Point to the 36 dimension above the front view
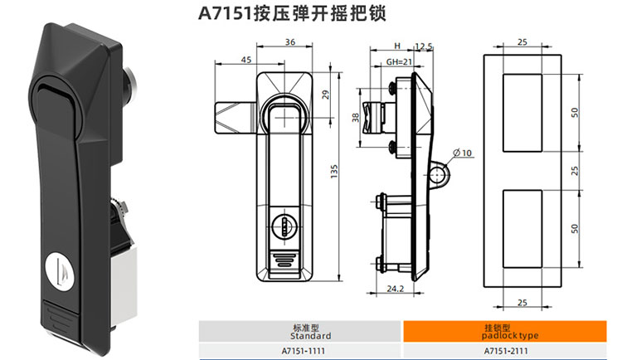pos(289,42)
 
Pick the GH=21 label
pos(399,62)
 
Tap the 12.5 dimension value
pos(425,46)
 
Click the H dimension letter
pos(397,46)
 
